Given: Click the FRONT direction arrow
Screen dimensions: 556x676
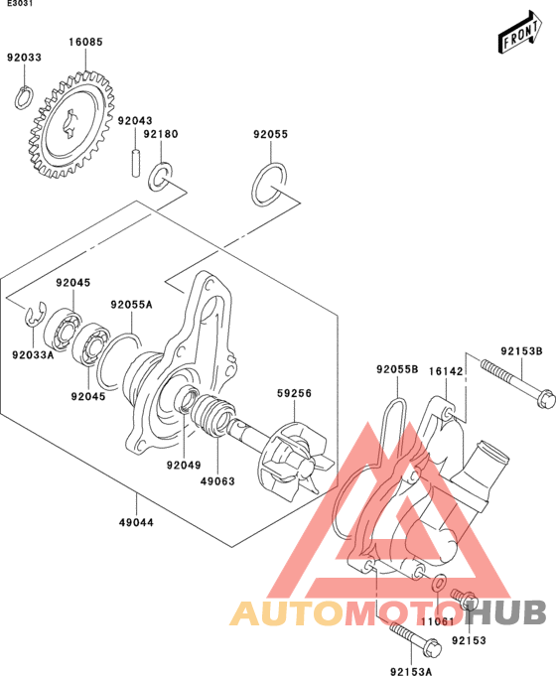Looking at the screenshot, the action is click(x=520, y=32).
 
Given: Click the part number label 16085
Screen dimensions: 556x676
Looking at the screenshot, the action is click(x=85, y=42).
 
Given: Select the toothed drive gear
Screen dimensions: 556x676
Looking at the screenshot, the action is click(x=71, y=125).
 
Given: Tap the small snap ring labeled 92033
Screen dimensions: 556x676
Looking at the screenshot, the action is click(x=24, y=98).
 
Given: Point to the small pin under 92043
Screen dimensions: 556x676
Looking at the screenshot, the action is click(x=136, y=163).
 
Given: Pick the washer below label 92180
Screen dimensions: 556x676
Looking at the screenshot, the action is click(x=160, y=177).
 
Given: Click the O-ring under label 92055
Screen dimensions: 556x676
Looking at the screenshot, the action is click(x=269, y=185).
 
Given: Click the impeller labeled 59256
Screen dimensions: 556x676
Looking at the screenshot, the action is click(x=296, y=462).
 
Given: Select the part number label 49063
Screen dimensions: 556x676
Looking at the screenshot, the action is click(x=217, y=481).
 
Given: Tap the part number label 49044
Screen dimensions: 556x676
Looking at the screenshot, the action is click(x=136, y=522).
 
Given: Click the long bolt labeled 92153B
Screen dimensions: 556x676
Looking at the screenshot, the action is click(x=517, y=384).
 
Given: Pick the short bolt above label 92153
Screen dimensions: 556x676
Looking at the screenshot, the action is click(x=465, y=600).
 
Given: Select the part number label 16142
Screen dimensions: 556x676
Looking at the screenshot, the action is click(x=446, y=371).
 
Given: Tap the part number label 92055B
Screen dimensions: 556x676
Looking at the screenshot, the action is click(x=397, y=369).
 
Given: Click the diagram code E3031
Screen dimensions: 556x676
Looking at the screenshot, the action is click(x=20, y=3).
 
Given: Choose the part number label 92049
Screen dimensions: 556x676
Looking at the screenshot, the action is click(x=185, y=466).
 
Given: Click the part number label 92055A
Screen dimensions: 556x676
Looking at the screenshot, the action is click(x=132, y=305).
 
